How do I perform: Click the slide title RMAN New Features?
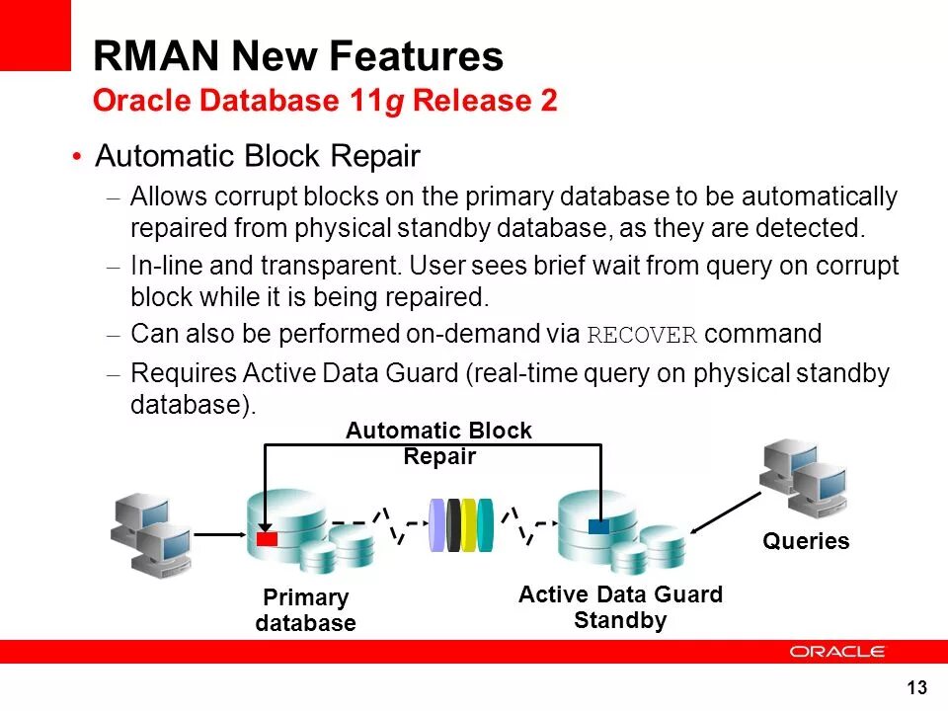tap(298, 56)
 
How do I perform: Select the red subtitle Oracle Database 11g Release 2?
tap(325, 101)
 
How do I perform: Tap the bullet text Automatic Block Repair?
tap(258, 157)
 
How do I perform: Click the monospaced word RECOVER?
tap(642, 335)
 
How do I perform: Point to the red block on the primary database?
tap(267, 539)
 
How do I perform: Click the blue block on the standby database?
tap(598, 526)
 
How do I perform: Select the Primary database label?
tap(305, 610)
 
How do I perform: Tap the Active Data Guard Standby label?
tap(620, 607)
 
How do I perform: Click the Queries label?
tap(805, 541)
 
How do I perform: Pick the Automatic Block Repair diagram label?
tap(438, 443)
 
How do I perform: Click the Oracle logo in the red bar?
tap(837, 652)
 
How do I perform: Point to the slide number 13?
tap(916, 687)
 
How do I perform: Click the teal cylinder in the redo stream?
tap(485, 526)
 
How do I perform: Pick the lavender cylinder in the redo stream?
tap(437, 526)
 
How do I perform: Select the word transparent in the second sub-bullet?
tap(330, 267)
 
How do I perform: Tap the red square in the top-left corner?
tap(36, 36)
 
